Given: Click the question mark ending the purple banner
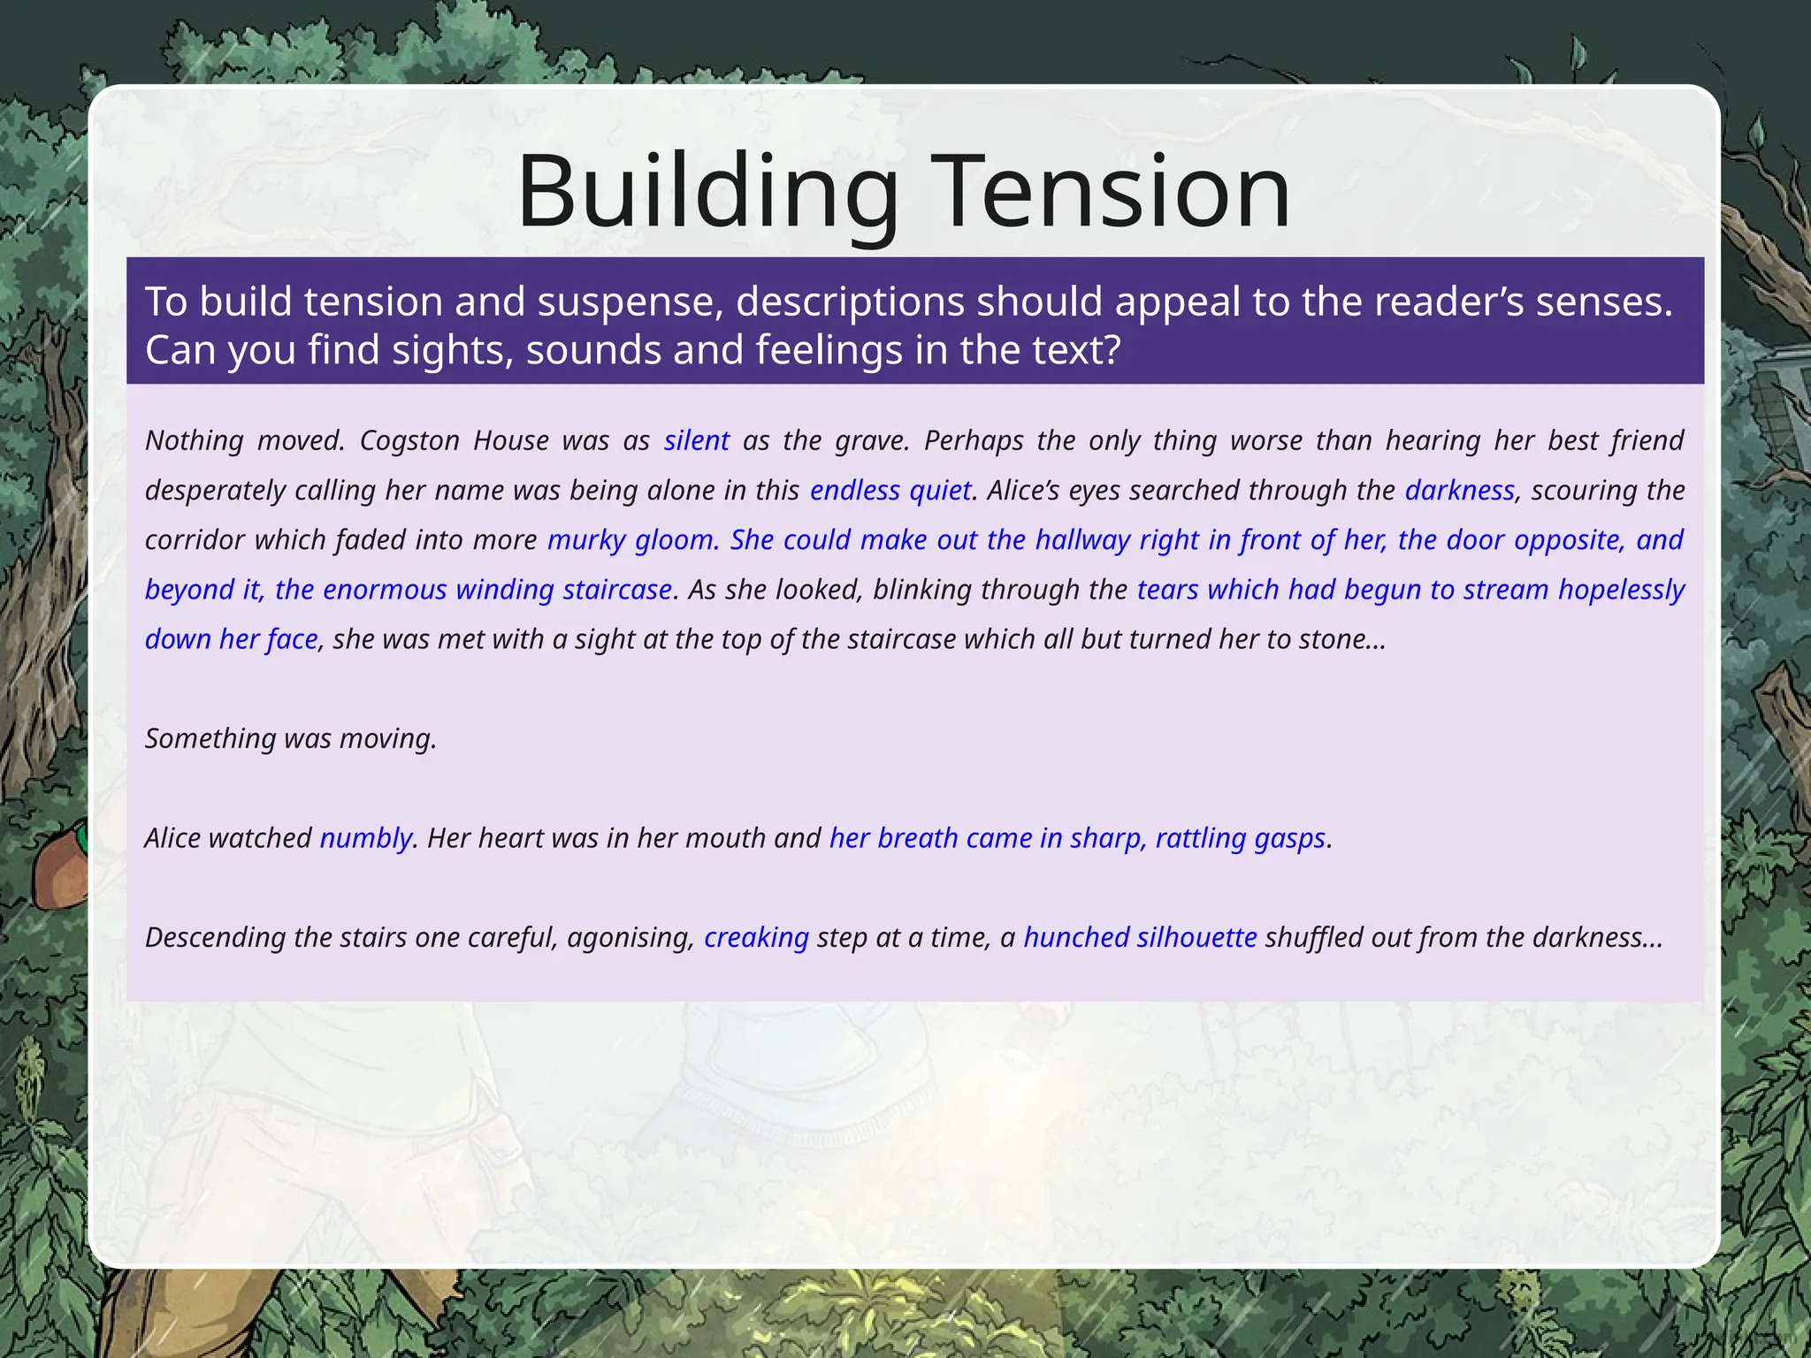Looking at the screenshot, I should (1111, 349).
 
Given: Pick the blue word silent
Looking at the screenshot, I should (697, 440).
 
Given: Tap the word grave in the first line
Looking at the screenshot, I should (871, 440).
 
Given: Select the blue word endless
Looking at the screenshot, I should (854, 490).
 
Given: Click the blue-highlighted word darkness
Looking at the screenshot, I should (1459, 490).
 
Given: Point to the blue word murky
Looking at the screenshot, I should (586, 539).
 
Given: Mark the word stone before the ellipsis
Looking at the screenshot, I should (1331, 638).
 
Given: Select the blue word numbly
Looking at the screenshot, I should (365, 838).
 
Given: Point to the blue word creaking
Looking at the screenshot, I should (756, 937).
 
